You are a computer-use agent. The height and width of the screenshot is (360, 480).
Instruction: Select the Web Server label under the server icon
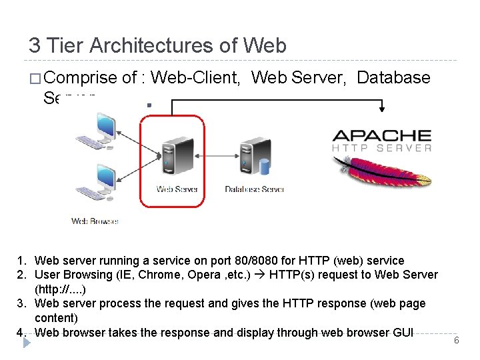177,189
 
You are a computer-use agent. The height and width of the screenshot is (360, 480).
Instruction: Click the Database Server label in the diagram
255,189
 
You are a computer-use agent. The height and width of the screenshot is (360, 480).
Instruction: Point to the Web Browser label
95,221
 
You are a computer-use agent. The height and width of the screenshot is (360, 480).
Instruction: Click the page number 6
457,341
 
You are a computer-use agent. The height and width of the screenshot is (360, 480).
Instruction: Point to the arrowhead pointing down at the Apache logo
382,109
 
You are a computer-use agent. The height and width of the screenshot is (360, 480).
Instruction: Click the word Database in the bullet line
393,78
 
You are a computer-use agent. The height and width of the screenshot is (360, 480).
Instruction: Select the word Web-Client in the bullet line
196,78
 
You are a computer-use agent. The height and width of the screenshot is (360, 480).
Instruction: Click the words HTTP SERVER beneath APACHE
382,149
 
